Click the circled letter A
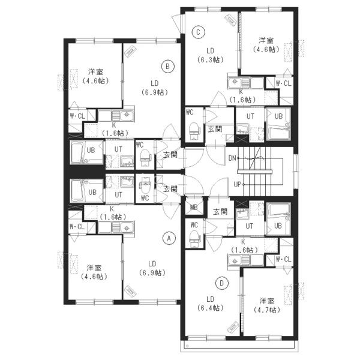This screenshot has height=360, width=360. click(169, 239)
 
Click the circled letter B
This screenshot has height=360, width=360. click(167, 67)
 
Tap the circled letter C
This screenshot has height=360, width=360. click(199, 32)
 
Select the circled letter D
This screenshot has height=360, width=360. click(222, 283)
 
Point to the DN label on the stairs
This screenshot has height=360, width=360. click(232, 158)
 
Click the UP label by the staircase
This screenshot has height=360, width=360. click(238, 184)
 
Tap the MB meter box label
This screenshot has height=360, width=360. click(194, 208)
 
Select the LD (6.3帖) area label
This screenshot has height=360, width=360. click(211, 55)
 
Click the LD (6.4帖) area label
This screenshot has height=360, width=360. click(211, 303)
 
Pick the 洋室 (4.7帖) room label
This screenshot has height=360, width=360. click(267, 305)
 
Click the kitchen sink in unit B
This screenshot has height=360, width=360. click(122, 116)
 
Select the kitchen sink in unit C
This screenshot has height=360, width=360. click(239, 82)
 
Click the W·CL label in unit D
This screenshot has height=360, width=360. click(284, 259)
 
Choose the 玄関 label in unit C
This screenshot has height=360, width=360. click(215, 129)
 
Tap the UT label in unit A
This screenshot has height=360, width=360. click(118, 195)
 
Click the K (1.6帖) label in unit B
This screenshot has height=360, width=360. click(114, 129)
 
